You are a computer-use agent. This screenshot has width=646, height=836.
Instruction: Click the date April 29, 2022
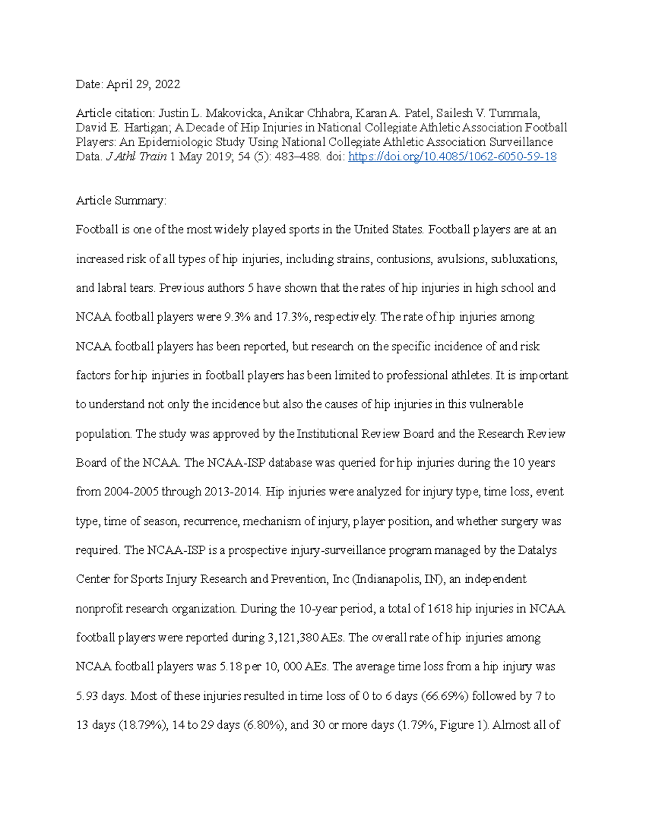click(143, 84)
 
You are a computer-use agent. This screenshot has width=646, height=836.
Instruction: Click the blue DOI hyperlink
click(452, 157)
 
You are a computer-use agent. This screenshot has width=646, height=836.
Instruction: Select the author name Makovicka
click(235, 113)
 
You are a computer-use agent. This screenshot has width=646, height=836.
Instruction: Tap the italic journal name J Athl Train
click(136, 157)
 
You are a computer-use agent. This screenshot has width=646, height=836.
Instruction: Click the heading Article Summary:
click(121, 201)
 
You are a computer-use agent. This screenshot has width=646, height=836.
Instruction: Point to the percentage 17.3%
click(291, 317)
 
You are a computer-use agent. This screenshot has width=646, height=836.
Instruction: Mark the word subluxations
click(524, 259)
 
